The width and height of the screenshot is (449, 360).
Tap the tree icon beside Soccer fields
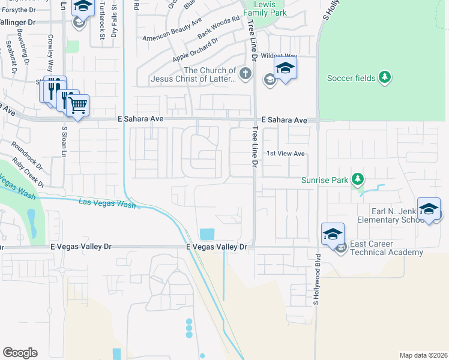pos(385,77)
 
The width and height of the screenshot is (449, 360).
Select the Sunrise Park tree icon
pos(358,179)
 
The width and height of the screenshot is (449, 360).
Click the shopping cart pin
pos(77,106)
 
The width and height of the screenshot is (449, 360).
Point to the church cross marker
pos(244,74)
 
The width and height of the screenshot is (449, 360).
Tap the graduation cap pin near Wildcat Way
pos(286,68)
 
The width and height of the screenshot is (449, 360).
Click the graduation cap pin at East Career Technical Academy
pos(333,234)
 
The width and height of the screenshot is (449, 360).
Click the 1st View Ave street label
pos(286,154)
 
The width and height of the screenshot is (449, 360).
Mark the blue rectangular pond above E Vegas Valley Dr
pos(206,234)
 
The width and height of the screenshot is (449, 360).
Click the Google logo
pos(20,352)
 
